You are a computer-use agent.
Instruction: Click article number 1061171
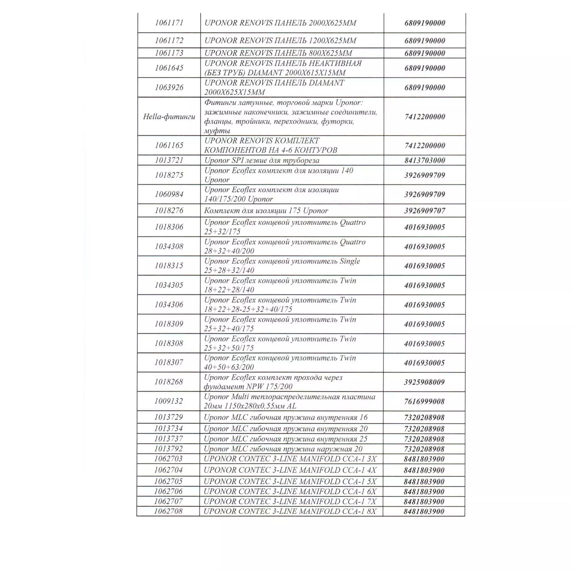tap(169, 23)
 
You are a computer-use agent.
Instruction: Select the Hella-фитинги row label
tap(169, 116)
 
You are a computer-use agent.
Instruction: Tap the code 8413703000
tap(425, 160)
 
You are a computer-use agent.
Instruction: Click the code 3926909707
tap(425, 211)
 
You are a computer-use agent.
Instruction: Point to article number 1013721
tap(169, 160)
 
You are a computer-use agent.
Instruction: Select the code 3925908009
tap(424, 382)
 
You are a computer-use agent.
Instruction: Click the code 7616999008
tap(424, 401)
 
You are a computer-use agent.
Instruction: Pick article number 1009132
tap(168, 401)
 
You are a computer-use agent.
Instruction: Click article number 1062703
tap(168, 459)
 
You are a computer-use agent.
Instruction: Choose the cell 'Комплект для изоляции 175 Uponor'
tap(266, 211)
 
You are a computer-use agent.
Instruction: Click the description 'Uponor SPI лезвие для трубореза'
tap(262, 160)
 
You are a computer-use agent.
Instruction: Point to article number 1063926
tap(169, 87)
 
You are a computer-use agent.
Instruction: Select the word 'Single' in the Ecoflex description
tap(350, 261)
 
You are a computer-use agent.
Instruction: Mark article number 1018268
tap(168, 381)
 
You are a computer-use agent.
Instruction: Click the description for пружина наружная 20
tap(283, 449)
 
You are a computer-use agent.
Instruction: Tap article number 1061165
tap(169, 145)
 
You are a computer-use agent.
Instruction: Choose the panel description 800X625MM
tap(278, 53)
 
